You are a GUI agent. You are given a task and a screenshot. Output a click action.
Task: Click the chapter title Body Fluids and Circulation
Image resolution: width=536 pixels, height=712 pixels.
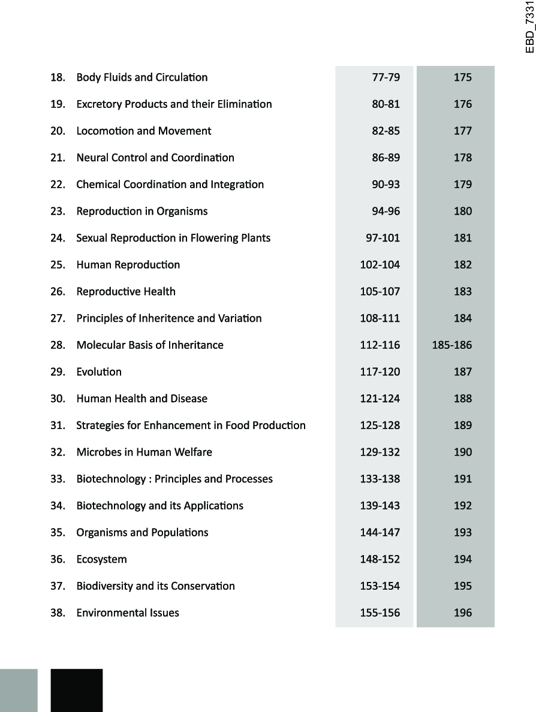coord(142,77)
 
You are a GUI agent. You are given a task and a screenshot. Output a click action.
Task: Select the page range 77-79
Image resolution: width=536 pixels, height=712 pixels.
coord(386,77)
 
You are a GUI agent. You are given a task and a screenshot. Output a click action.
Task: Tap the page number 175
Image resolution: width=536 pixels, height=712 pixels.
coord(463,77)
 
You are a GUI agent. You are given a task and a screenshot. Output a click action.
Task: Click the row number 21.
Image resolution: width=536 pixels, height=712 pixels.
coord(58,158)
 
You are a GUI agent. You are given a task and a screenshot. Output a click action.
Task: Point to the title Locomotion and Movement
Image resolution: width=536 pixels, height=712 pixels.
coord(144,131)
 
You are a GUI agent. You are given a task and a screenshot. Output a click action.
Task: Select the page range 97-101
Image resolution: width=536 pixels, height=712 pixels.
coord(383,238)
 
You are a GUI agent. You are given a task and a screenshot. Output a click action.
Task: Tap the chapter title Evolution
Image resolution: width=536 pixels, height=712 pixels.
coord(99,372)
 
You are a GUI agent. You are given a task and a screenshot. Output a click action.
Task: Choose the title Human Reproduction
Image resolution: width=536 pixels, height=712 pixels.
coord(128,265)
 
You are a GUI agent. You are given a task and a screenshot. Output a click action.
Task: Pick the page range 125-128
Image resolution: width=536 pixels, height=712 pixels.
coord(380,426)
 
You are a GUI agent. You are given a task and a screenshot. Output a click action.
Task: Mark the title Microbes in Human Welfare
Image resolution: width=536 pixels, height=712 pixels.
coord(144,452)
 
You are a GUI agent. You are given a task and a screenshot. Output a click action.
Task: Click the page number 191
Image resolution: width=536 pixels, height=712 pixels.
coord(463,479)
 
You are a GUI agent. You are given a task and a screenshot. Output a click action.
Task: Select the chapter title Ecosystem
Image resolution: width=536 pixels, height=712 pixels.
coord(102,560)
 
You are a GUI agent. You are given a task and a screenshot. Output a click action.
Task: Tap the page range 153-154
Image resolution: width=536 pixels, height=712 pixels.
coord(380,586)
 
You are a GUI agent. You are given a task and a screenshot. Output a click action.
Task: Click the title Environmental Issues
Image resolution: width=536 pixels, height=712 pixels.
coord(128,613)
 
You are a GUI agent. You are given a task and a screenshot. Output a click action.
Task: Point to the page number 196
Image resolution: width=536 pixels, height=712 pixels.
coord(463,613)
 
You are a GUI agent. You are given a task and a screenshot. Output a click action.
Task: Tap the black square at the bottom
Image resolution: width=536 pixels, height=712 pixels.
coord(77,690)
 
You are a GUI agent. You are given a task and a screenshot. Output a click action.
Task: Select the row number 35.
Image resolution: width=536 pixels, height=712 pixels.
coord(58,533)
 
